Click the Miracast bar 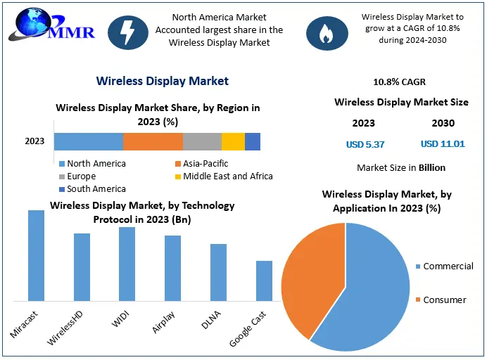tap(36, 255)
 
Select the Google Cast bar tap(264, 281)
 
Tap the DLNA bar tap(218, 272)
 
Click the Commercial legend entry tap(443, 266)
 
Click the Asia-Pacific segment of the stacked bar tap(153, 141)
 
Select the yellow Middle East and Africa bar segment tap(233, 141)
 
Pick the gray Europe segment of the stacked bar tap(202, 141)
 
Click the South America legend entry tap(96, 189)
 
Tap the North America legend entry tap(96, 164)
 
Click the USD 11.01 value tap(443, 144)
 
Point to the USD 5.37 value tap(364, 144)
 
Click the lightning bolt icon tap(128, 31)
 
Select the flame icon tap(325, 32)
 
